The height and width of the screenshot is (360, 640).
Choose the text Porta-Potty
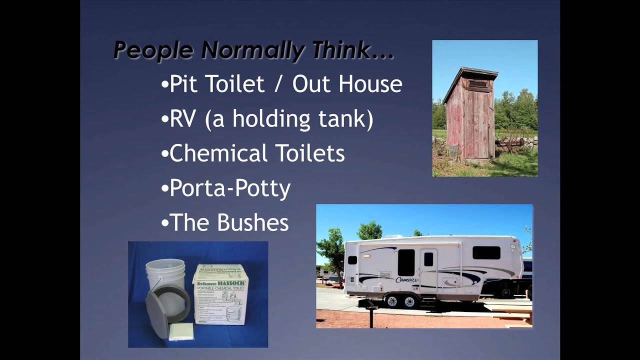[230, 188]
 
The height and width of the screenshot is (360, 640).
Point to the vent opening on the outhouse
[478, 84]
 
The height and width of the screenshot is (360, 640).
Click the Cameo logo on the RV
[405, 279]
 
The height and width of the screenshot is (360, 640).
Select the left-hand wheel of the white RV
[392, 301]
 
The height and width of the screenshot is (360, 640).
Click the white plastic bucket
[165, 275]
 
